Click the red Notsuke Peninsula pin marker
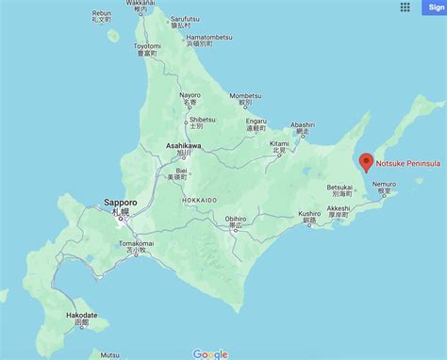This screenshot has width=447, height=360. click(x=366, y=161)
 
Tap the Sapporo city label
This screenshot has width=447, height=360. click(x=120, y=202)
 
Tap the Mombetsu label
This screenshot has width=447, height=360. click(x=244, y=95)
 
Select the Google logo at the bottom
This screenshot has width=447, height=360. click(x=210, y=353)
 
